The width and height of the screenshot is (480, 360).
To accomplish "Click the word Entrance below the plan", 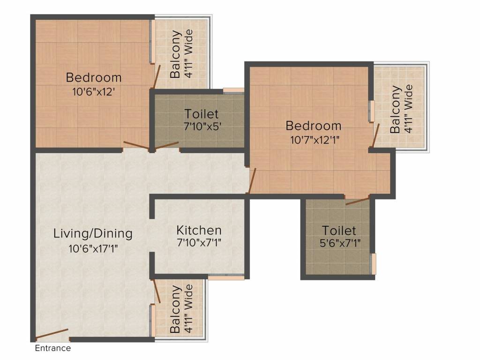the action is pos(52,348).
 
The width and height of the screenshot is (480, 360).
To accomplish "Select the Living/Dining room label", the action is pos(93,233).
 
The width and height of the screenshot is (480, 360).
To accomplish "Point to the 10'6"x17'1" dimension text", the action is pos(93,248).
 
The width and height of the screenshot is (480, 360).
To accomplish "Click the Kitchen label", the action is pos(199,230).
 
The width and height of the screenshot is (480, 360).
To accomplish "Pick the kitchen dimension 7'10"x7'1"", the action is pos(199,243).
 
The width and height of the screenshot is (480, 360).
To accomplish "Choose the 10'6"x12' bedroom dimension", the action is pos(93,91).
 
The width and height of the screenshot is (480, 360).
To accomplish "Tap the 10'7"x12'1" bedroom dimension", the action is pos(315,140).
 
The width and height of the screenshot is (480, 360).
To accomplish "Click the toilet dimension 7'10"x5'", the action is pos(202,126).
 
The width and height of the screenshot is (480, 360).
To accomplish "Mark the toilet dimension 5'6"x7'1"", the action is pos(340,243).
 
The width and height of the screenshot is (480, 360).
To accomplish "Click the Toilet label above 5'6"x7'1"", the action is pos(339,231).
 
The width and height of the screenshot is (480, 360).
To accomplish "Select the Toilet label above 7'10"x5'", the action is pos(202,114).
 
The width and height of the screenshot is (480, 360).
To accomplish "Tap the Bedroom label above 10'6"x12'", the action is pos(94,77).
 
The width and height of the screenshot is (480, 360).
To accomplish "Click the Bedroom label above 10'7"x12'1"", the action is pos(314,126).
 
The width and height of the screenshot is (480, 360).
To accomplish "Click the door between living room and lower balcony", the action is pos(157,291).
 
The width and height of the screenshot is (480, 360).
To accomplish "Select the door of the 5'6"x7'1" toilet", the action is pos(357,201).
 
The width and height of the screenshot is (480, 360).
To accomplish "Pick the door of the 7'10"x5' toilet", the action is pos(166,146).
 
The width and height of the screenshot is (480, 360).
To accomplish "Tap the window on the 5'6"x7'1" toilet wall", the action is pos(374,263).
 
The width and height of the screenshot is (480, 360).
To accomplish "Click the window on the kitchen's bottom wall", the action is pos(226,277).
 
